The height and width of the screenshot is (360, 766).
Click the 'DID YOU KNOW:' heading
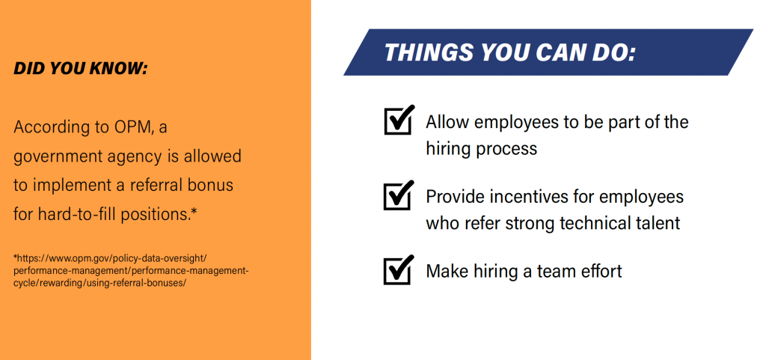81,69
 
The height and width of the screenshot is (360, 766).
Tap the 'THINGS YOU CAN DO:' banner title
510,52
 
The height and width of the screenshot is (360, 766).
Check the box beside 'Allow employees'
399,120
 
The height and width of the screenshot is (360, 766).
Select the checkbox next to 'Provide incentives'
399,195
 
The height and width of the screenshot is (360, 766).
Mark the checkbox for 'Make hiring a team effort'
399,269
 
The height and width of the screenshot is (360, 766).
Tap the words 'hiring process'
481,148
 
